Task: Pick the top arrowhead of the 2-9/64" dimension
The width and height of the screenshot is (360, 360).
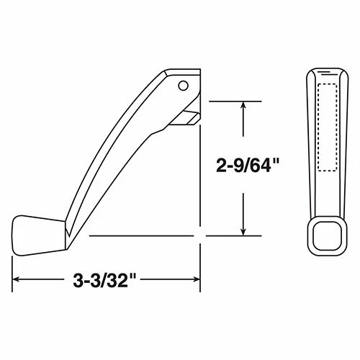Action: click(246, 105)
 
